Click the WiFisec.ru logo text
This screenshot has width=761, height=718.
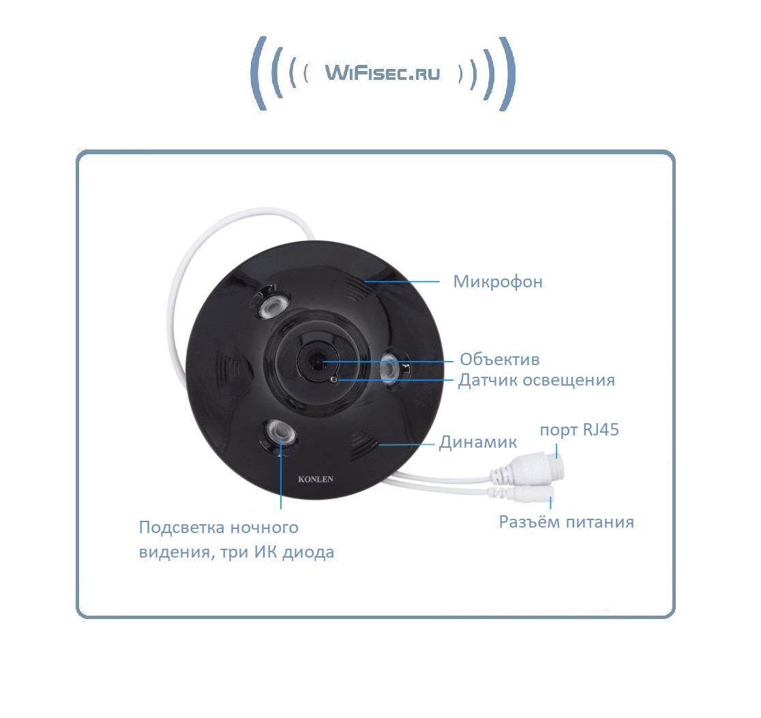click(x=383, y=73)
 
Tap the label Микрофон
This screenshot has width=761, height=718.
click(x=498, y=282)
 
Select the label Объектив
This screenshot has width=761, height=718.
click(x=499, y=359)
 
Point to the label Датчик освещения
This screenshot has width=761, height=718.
click(x=536, y=380)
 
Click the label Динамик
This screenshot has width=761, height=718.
click(x=477, y=442)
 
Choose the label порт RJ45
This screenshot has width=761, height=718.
click(x=579, y=430)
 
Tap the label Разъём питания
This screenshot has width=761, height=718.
click(x=566, y=522)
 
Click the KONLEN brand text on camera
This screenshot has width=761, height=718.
click(x=316, y=479)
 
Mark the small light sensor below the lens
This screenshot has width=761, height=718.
click(x=333, y=379)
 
